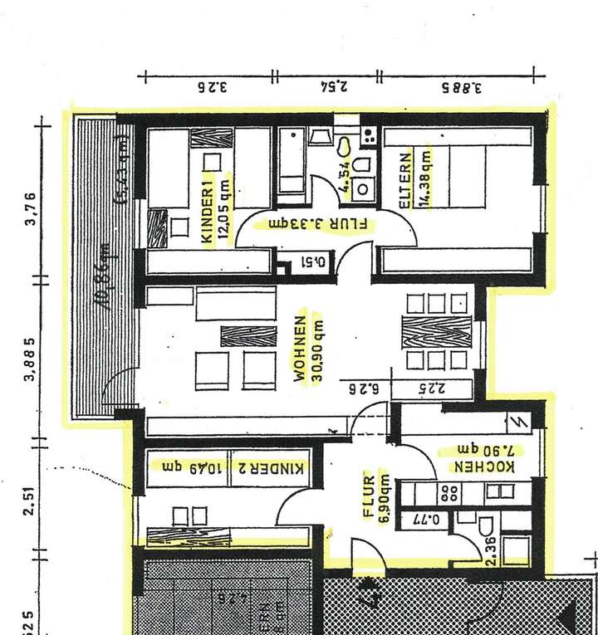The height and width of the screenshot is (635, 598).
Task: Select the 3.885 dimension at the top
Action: coord(462,85)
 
